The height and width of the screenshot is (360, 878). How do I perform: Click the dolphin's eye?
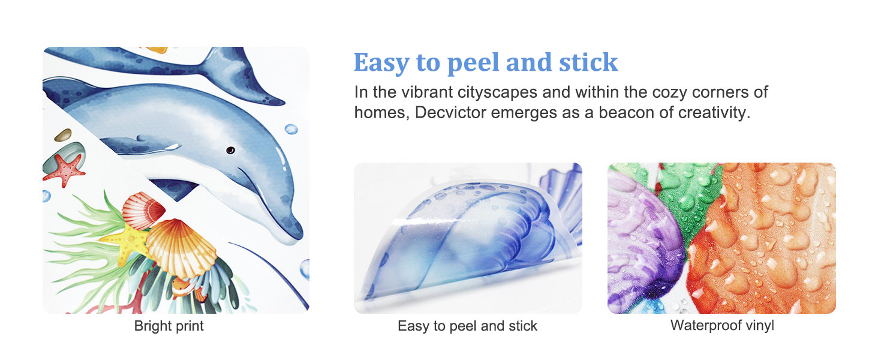[230, 150]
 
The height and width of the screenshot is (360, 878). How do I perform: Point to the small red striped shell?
[143, 210]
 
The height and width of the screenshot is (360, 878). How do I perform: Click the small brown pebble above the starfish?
[63, 135]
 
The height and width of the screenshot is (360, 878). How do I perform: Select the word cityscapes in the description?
[497, 92]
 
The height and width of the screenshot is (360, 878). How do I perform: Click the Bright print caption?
[169, 326]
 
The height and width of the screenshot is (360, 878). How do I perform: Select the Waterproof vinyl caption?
[722, 325]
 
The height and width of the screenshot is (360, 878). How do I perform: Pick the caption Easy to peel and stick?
[467, 326]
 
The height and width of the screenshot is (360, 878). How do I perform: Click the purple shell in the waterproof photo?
[643, 243]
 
